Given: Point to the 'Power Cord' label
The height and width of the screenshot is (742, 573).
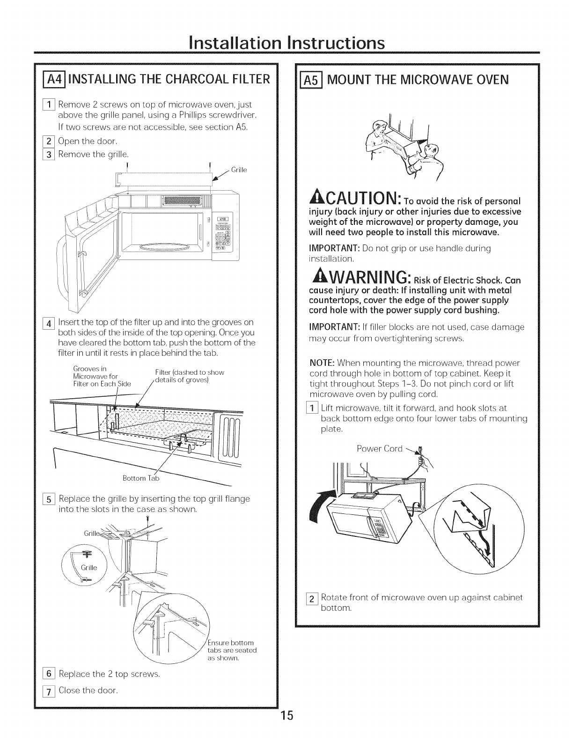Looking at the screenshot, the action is [x=380, y=448].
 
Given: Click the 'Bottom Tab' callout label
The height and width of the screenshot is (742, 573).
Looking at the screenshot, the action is [x=141, y=478].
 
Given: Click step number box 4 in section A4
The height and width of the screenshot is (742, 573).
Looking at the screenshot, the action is [x=49, y=323].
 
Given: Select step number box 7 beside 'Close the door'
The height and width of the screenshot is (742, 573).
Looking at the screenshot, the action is [x=49, y=691].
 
